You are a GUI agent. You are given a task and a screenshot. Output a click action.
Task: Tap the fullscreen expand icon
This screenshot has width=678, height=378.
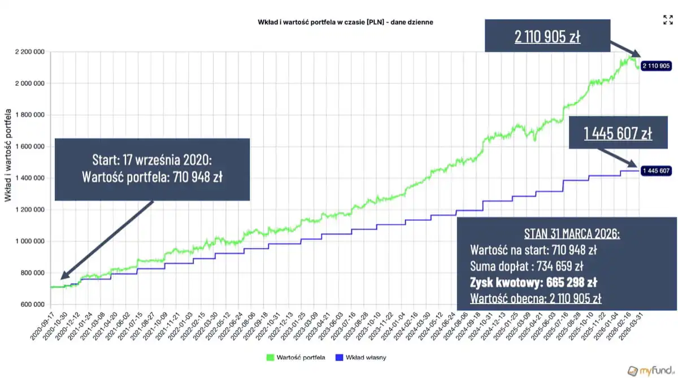point(668,20)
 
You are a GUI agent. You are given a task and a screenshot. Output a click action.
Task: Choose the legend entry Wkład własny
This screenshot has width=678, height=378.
point(361,358)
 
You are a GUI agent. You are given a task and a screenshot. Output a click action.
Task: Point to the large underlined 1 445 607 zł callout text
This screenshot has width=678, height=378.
point(618,133)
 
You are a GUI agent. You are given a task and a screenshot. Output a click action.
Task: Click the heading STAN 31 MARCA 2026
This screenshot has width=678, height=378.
point(571,233)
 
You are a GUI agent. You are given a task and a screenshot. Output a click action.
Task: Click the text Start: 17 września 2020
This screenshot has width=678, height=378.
point(152,160)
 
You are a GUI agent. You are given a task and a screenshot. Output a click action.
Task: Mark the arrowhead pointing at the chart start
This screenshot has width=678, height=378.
point(63,276)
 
